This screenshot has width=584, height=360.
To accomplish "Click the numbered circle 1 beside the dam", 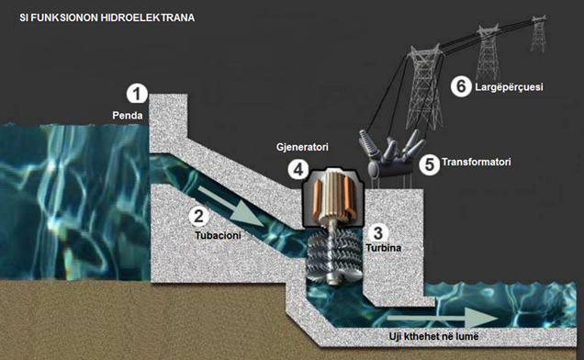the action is (137, 94).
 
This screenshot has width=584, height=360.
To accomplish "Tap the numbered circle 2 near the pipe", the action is (199, 216).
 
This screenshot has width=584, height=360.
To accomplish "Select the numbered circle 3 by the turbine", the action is (377, 233).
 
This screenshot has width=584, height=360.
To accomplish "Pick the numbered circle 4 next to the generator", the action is (298, 170).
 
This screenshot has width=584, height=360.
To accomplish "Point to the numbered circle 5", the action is (430, 164).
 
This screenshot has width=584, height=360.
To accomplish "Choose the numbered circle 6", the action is (461, 86).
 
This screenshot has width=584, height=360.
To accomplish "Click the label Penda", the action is (128, 116).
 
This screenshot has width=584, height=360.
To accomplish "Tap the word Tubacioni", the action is (218, 235).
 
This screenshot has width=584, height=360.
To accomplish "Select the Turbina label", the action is (383, 248).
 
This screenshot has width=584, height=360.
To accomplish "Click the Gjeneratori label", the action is (302, 147).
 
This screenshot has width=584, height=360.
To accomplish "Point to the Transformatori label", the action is (477, 162).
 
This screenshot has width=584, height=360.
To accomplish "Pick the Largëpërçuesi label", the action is (509, 87).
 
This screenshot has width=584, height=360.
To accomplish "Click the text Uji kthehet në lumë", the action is (433, 336).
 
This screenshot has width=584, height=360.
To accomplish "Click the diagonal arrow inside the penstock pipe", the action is (230, 207).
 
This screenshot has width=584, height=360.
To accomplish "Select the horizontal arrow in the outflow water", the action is (443, 319).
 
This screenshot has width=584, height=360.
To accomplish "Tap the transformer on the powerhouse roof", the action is (389, 154).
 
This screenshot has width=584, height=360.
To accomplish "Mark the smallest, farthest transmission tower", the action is (539, 34).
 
